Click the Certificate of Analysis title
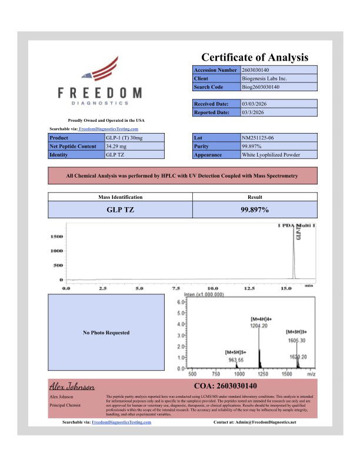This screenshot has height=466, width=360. click(255, 58)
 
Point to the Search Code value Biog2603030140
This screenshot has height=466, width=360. click(261, 87)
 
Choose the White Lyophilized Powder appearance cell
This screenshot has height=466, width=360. click(271, 155)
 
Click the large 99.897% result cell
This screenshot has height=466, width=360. click(255, 209)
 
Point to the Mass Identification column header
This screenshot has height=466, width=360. click(120, 197)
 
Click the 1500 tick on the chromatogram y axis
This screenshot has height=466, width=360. click(56, 237)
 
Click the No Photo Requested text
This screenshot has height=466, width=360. click(106, 332)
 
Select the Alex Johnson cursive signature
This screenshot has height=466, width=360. click(72, 387)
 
